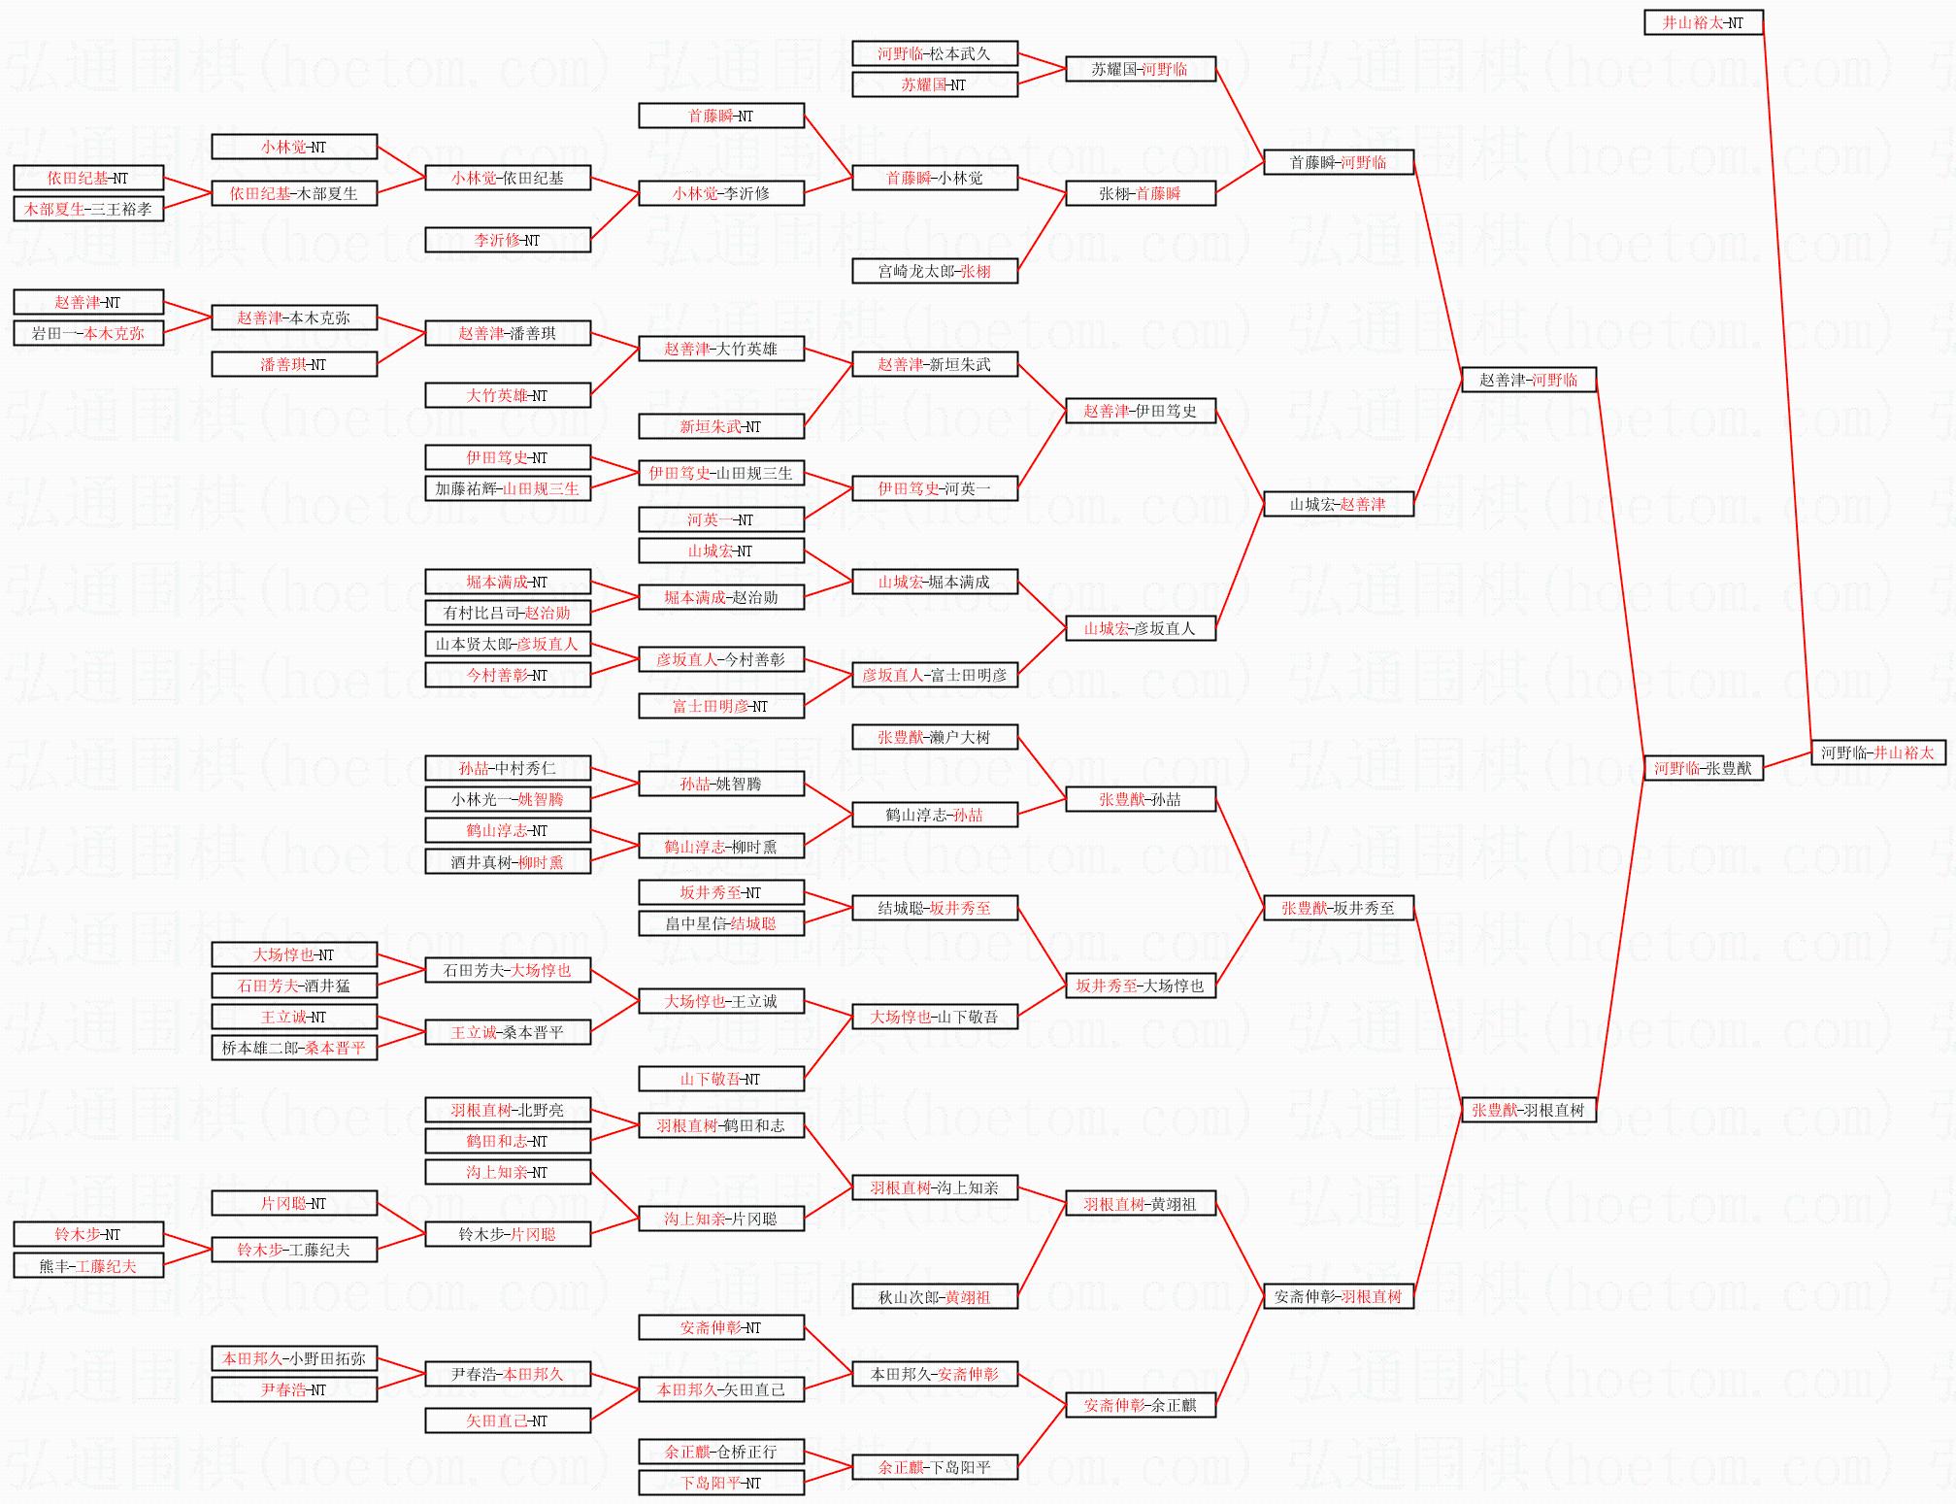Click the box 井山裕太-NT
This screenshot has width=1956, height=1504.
tap(1703, 22)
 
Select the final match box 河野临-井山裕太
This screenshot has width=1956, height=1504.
tap(1877, 752)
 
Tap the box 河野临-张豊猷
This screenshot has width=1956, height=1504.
tap(1703, 768)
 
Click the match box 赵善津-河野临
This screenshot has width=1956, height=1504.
tap(1528, 380)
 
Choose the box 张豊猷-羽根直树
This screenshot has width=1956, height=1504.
tap(1528, 1110)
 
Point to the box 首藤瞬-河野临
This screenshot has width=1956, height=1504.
tap(1338, 162)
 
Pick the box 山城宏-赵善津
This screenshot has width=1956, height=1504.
tap(1338, 504)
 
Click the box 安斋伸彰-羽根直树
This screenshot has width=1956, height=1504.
tap(1338, 1296)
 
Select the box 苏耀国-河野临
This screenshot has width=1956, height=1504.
tap(1140, 69)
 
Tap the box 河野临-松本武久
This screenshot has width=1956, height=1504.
tap(934, 53)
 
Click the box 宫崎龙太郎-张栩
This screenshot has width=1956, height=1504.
tap(934, 271)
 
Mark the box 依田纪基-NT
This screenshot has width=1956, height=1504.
tap(87, 178)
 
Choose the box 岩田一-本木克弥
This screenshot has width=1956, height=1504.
tap(87, 333)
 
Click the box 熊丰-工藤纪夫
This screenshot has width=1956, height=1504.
tap(87, 1265)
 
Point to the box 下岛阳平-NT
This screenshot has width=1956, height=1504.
tap(720, 1483)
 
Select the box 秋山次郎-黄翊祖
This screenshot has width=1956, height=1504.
tap(934, 1296)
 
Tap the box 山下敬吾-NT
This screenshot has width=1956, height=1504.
tap(720, 1079)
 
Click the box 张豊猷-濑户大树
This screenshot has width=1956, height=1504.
tap(934, 737)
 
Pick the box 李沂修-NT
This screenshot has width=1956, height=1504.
tap(507, 240)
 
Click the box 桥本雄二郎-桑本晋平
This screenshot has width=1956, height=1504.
tap(293, 1048)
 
